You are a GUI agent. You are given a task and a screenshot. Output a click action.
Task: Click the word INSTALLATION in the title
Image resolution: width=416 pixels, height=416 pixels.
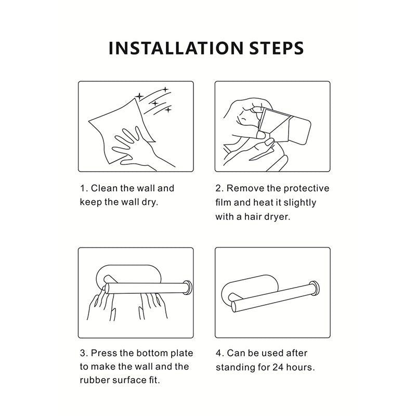point(176,48)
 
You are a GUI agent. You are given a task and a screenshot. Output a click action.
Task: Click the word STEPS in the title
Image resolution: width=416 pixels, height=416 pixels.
point(277,48)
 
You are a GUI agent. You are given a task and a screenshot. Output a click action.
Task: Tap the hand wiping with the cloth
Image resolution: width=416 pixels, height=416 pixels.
point(140,149)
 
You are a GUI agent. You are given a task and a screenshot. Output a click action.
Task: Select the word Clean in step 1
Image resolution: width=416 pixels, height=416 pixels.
point(104,188)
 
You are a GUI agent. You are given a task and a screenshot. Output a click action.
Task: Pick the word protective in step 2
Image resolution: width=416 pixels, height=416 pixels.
point(306,189)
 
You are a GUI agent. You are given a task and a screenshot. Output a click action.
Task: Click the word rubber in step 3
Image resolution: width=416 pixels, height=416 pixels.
point(95,380)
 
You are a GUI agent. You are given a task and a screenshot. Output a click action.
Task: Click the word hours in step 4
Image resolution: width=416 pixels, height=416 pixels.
point(301,367)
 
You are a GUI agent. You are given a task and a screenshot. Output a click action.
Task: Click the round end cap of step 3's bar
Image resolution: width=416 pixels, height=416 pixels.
point(188,288)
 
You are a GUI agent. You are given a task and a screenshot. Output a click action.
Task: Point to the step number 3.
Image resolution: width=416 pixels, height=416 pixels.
point(84,353)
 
